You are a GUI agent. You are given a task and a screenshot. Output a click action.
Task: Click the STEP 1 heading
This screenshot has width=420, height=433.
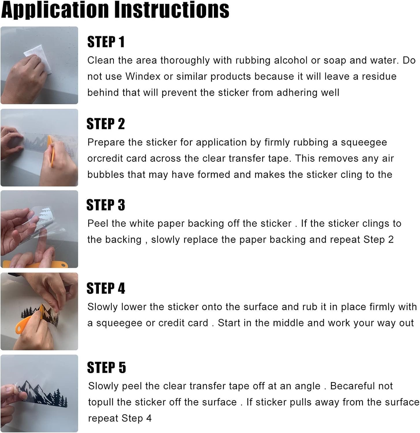tap(106, 42)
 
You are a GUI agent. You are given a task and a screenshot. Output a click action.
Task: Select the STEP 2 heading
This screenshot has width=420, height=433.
tap(106, 124)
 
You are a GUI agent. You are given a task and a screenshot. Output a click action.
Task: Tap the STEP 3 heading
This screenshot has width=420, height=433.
tap(106, 205)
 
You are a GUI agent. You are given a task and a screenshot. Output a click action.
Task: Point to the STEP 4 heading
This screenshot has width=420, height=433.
tap(106, 288)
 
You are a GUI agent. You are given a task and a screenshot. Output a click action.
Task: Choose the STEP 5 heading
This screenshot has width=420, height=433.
tap(106, 367)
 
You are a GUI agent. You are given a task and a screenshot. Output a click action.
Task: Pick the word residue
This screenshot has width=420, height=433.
tap(379, 76)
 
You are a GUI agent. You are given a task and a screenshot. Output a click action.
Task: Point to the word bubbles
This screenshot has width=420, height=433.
tap(102, 175)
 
